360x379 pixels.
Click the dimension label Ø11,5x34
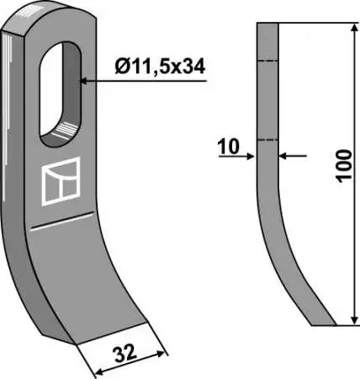tap(160, 67)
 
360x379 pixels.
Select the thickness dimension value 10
tap(229, 147)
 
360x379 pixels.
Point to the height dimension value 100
tap(344, 166)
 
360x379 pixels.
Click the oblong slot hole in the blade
tap(61, 94)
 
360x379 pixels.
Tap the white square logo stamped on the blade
tap(61, 181)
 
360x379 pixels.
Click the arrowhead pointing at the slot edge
tap(84, 81)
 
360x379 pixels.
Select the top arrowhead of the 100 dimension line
tap(354, 28)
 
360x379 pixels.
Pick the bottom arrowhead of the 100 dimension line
tap(354, 320)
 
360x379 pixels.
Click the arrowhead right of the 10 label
tap(250, 157)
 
